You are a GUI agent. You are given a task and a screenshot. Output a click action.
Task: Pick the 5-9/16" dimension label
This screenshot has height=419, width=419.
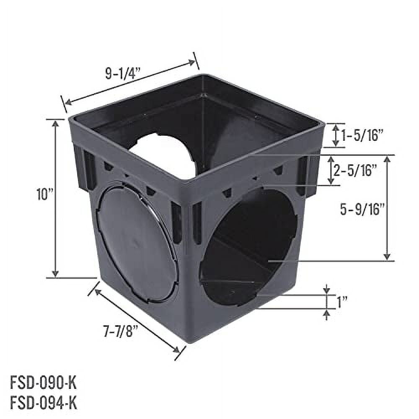point(362,209)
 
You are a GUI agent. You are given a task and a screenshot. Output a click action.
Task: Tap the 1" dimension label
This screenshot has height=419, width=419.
point(342,301)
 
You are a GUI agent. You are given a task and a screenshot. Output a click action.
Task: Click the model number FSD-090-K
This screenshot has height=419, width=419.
point(44,383)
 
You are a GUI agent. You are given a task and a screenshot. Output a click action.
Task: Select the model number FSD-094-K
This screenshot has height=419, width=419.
point(44,403)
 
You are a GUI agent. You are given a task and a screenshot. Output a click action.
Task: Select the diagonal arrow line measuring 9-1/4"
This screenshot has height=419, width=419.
point(130,82)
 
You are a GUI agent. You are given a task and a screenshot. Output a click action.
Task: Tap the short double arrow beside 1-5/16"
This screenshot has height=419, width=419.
point(336,135)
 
